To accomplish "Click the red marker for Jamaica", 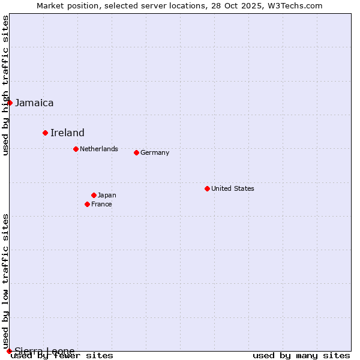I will [x=10, y=103].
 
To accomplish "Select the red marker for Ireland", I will [x=45, y=133].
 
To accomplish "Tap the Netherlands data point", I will [x=76, y=149].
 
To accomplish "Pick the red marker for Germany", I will [x=136, y=152].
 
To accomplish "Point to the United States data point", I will [x=207, y=188].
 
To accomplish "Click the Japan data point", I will [x=94, y=195].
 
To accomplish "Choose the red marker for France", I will [x=87, y=204].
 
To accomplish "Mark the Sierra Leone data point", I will [x=9, y=351].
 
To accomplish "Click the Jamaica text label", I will [x=34, y=103].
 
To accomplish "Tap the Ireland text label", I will [x=67, y=133].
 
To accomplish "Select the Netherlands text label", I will [x=99, y=149].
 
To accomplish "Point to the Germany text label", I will [x=155, y=152].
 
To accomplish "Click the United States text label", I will [x=233, y=188].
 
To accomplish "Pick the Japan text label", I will [x=107, y=195].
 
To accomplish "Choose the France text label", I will [x=101, y=204].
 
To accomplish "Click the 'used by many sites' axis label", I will [x=301, y=356].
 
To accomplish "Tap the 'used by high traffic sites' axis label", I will [x=5, y=85].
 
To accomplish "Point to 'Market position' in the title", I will [x=64, y=5].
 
